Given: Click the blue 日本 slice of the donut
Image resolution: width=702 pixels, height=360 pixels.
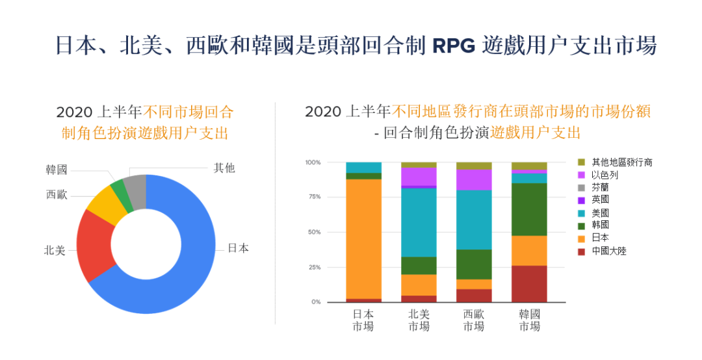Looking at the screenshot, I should coord(195,260).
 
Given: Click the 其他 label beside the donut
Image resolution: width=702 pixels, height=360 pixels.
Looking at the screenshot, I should coord(224,168).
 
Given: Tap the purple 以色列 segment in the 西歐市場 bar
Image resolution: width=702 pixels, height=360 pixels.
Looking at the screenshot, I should coord(474,179).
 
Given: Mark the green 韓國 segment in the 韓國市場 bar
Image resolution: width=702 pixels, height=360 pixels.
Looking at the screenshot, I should coord(529,209).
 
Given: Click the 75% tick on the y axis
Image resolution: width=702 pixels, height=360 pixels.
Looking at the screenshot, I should coord(313,197).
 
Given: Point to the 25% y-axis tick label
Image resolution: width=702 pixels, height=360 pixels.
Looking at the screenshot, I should coord(313,267).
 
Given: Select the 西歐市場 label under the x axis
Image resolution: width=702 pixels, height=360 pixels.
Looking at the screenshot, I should coord(474,320).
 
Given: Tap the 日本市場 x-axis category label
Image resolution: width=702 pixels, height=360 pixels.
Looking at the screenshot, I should coord(363,320).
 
